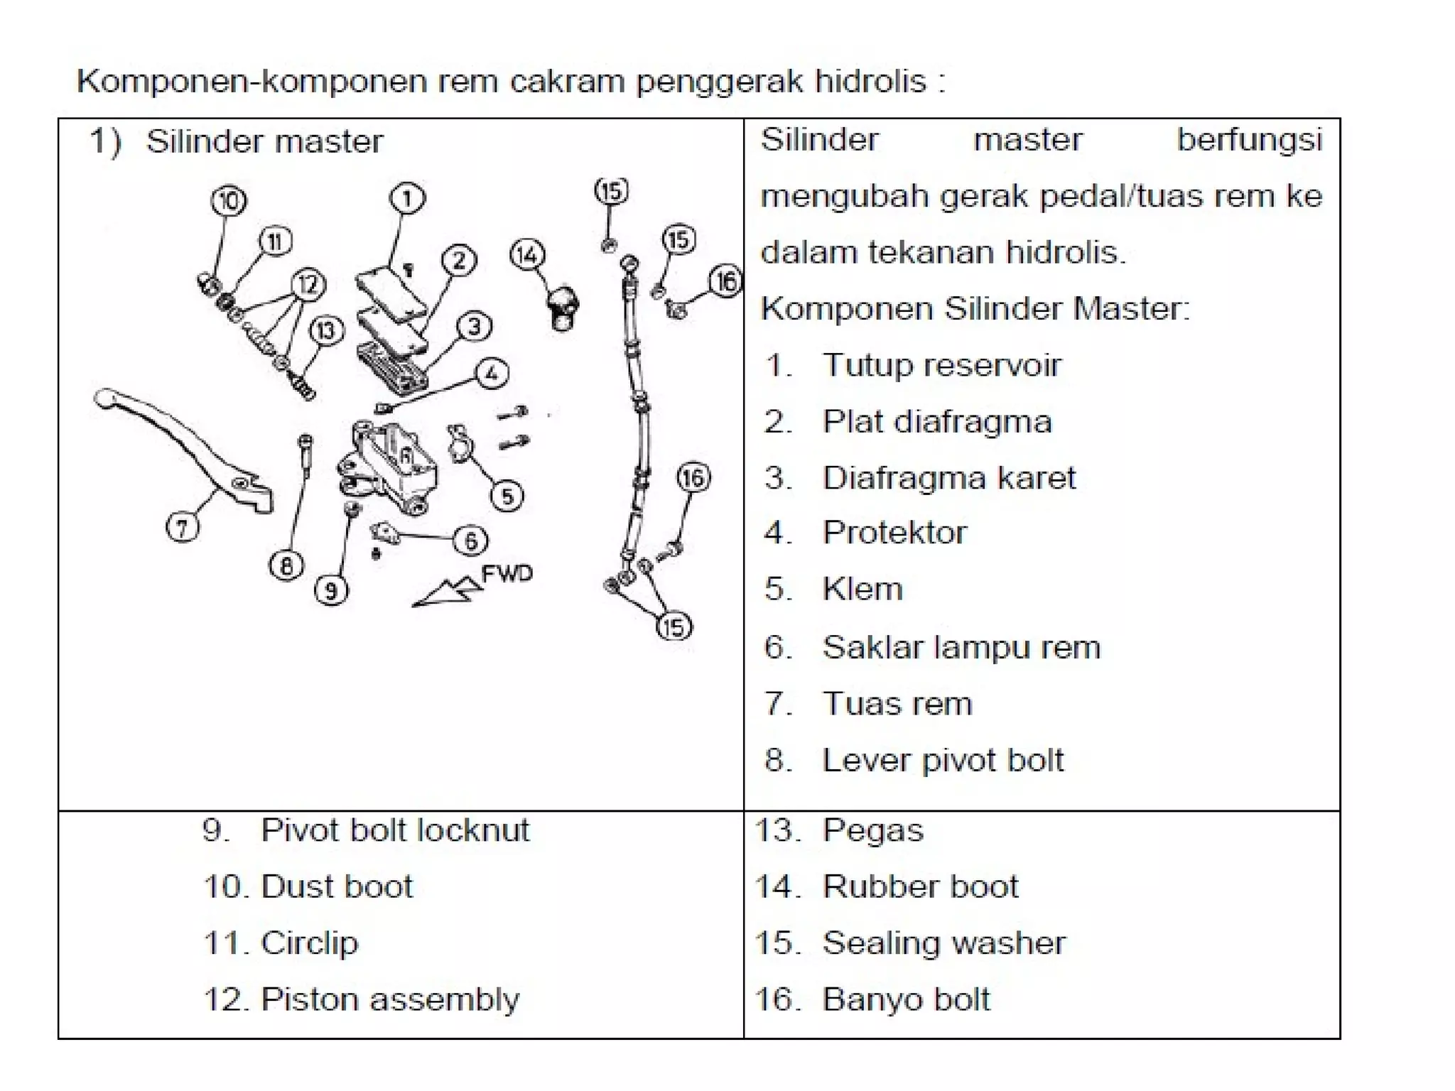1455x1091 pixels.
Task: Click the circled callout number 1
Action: coord(407,199)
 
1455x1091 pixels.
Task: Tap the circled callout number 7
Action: coord(183,528)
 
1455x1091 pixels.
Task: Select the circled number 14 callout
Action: coord(527,255)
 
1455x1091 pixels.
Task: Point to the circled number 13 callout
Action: coord(326,331)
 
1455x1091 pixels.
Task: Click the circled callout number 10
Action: coord(229,201)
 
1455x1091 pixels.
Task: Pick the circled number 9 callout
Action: coord(331,590)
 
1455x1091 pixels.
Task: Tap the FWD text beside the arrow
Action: coord(507,574)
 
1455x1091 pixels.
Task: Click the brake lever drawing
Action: coord(185,447)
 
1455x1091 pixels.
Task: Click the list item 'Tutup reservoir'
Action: coord(941,366)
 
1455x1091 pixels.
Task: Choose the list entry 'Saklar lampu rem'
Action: coord(961,648)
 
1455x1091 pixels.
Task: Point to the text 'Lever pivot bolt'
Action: coord(943,761)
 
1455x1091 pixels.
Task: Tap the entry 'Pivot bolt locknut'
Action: coord(395,830)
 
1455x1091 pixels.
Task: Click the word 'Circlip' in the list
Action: coord(310,943)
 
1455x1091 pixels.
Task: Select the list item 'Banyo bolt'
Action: coord(906,999)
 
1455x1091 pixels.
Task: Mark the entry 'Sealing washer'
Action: coord(944,943)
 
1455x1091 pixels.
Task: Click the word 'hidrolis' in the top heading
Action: coord(870,82)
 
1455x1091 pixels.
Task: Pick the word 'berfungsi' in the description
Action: coord(1249,140)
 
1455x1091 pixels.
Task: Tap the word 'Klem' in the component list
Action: coord(862,590)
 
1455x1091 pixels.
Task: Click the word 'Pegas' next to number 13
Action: coord(873,830)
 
